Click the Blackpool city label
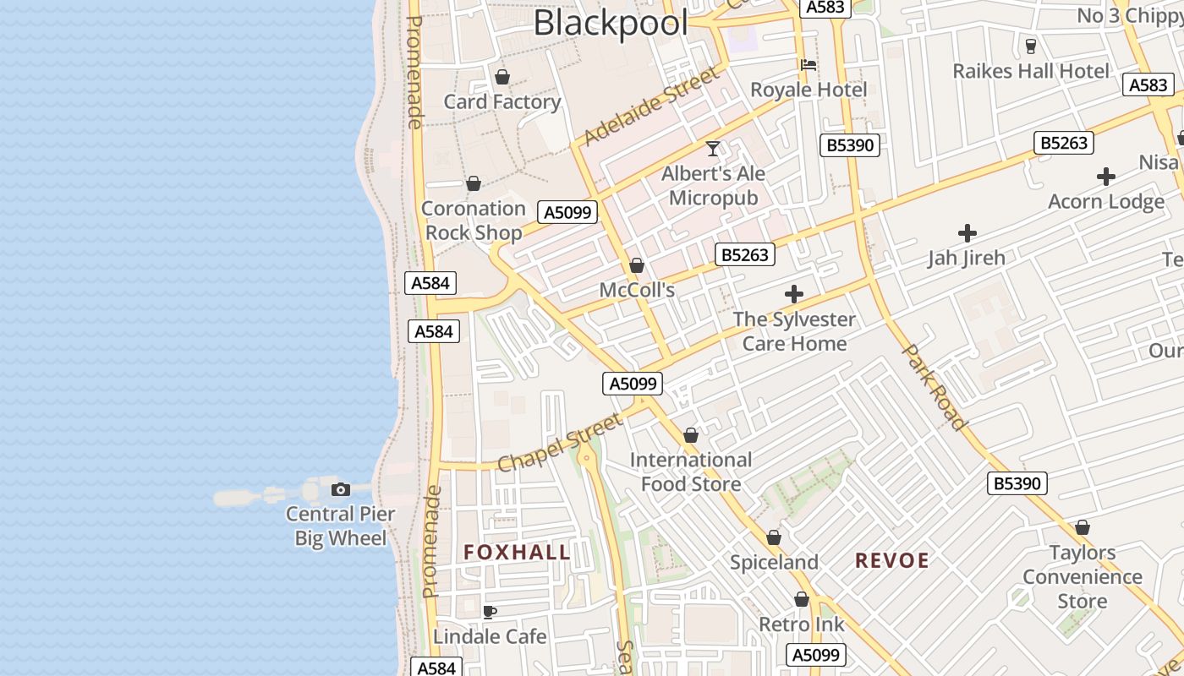pos(611,23)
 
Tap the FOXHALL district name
pos(517,553)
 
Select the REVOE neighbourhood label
pos(892,560)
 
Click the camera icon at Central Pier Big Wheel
pos(341,489)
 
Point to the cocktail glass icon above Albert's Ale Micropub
pos(714,149)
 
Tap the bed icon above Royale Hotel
pos(809,64)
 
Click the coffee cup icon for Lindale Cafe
pos(489,612)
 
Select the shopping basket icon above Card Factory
pos(502,77)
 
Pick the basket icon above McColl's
pos(637,265)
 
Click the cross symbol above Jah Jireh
pos(967,233)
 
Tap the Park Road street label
pos(935,386)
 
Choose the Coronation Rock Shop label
pos(474,220)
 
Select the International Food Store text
pos(691,472)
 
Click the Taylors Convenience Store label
pos(1083,577)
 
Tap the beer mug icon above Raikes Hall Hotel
pos(1030,46)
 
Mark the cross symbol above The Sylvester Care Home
pos(794,294)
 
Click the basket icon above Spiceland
pos(774,537)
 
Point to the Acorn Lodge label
pos(1106,201)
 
